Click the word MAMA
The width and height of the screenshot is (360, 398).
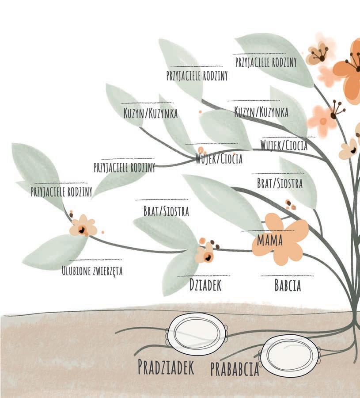[x=269, y=241]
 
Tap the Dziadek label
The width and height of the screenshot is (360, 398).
[x=205, y=285]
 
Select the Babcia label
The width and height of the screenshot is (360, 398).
[x=288, y=286]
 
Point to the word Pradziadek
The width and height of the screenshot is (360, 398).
[x=166, y=367]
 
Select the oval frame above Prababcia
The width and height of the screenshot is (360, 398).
[x=289, y=355]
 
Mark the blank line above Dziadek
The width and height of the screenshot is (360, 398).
[x=204, y=276]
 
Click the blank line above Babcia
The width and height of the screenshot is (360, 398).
[x=287, y=276]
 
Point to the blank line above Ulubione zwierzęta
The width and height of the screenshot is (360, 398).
[x=95, y=260]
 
